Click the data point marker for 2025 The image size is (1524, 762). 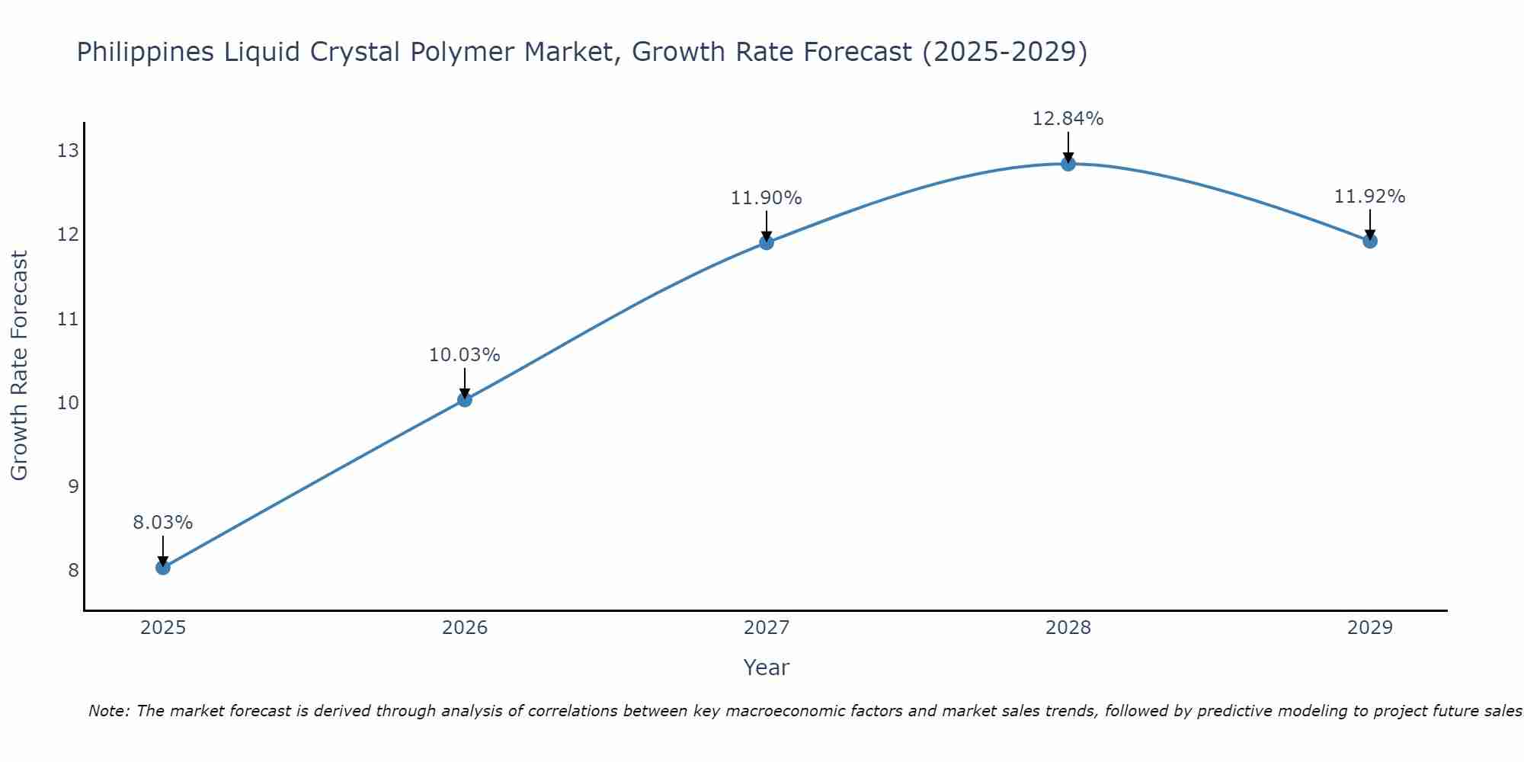click(x=163, y=568)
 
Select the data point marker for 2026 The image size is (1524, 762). click(x=465, y=399)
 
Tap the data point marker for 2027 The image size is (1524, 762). click(x=767, y=242)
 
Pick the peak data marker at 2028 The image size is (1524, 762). click(x=1068, y=163)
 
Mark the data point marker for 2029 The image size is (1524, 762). click(x=1370, y=241)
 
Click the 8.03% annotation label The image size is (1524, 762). click(x=163, y=523)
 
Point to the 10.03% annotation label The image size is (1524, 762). click(x=465, y=355)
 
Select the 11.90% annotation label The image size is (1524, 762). click(x=767, y=198)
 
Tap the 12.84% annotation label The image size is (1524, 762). click(x=1068, y=119)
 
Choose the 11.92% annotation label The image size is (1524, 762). click(x=1370, y=197)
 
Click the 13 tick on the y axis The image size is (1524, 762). click(x=69, y=151)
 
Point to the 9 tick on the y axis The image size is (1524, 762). click(x=74, y=486)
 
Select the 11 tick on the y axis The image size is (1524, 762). click(x=69, y=319)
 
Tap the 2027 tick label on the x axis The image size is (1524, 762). click(x=767, y=628)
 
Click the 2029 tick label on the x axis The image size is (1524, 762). click(x=1370, y=628)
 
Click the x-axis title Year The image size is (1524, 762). click(x=767, y=668)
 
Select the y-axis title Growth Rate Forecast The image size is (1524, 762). click(x=20, y=366)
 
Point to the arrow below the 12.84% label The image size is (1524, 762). click(x=1068, y=146)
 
